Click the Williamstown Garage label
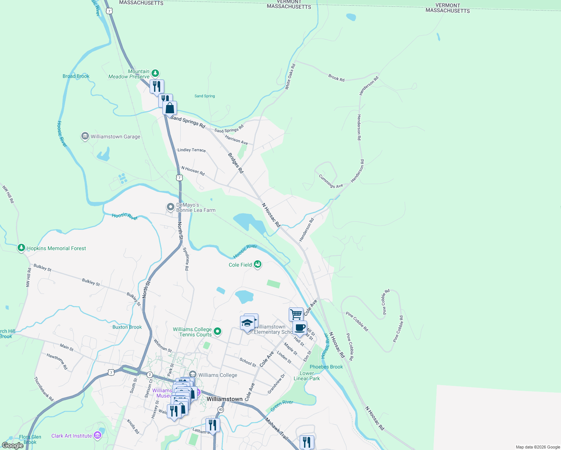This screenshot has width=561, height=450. pyautogui.click(x=115, y=137)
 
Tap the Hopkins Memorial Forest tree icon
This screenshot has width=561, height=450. pyautogui.click(x=21, y=248)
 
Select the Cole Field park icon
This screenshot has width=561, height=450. pyautogui.click(x=257, y=264)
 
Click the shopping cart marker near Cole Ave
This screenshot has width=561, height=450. pyautogui.click(x=296, y=314)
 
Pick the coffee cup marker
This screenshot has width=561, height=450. pyautogui.click(x=300, y=328)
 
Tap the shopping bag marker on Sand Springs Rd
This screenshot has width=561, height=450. pyautogui.click(x=169, y=108)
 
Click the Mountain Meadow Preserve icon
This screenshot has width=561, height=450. pyautogui.click(x=155, y=73)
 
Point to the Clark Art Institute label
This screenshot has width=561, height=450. pyautogui.click(x=72, y=436)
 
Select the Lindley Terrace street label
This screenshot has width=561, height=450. pyautogui.click(x=192, y=150)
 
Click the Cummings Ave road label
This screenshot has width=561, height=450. pyautogui.click(x=331, y=181)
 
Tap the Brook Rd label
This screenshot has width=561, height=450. pyautogui.click(x=336, y=78)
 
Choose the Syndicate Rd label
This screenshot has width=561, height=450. pyautogui.click(x=186, y=259)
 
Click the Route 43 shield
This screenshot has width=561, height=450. pyautogui.click(x=221, y=409)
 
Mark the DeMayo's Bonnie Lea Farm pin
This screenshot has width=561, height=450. pyautogui.click(x=171, y=207)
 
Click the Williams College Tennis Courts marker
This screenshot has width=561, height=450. pyautogui.click(x=217, y=331)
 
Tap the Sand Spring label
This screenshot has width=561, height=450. pyautogui.click(x=205, y=96)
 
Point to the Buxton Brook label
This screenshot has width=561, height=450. pyautogui.click(x=127, y=327)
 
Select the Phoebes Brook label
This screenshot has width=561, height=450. pyautogui.click(x=326, y=367)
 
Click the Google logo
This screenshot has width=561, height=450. pyautogui.click(x=12, y=445)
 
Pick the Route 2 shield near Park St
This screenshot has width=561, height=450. pyautogui.click(x=150, y=375)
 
